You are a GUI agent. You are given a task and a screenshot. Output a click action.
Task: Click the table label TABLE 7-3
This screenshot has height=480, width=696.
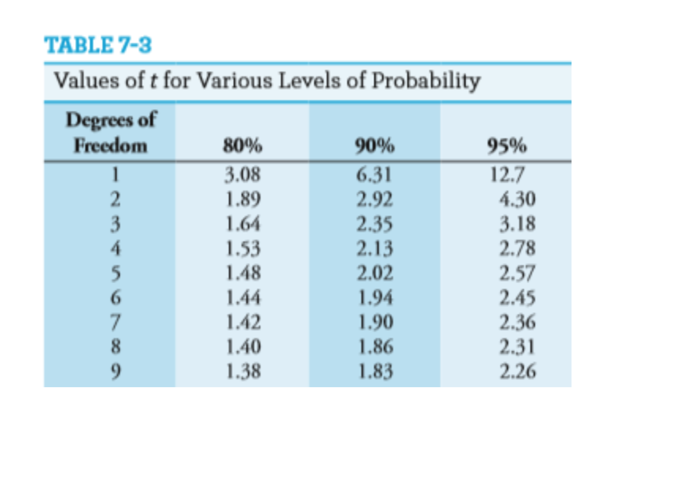pyautogui.click(x=98, y=45)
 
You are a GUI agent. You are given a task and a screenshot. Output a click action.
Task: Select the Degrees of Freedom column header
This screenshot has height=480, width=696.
pyautogui.click(x=111, y=133)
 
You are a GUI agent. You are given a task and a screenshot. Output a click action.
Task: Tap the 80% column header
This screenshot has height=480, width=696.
pyautogui.click(x=242, y=147)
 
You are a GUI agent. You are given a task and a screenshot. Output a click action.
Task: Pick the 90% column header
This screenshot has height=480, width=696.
pyautogui.click(x=375, y=147)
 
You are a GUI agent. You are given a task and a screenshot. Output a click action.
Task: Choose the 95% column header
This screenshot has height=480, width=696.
pyautogui.click(x=506, y=147)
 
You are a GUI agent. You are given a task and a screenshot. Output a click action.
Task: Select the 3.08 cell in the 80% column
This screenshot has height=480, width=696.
pyautogui.click(x=242, y=176)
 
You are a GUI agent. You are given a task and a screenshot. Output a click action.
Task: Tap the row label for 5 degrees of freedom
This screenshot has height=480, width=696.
pyautogui.click(x=115, y=274)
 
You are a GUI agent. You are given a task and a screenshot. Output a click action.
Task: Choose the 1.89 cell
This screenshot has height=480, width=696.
pyautogui.click(x=242, y=200)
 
